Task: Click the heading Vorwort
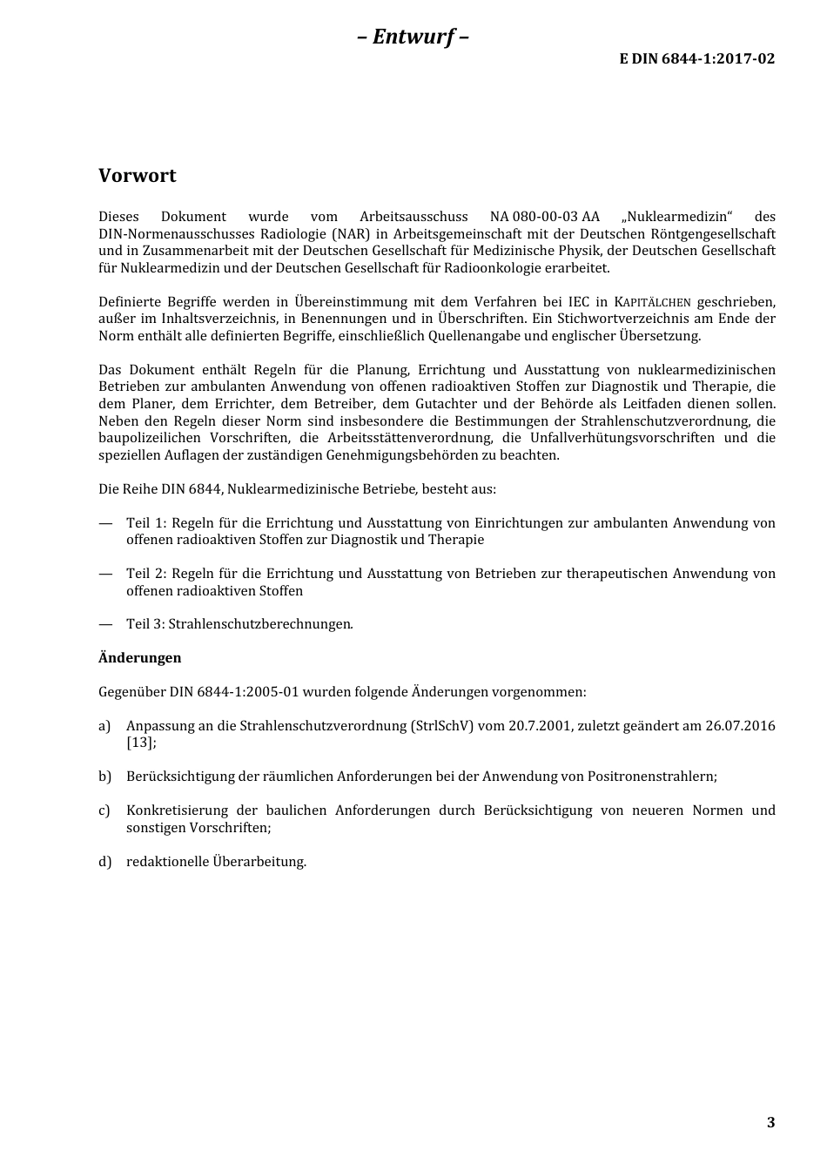coord(137,176)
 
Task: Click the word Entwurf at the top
coord(413,37)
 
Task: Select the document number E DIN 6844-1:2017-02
coord(696,59)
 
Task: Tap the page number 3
coord(770,1122)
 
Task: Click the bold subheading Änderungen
coord(139,658)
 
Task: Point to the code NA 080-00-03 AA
coord(544,217)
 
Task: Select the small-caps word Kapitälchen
coord(652,302)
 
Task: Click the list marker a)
coord(104,726)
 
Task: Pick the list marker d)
coord(104,862)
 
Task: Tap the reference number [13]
coord(139,743)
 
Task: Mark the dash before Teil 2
coord(106,574)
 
